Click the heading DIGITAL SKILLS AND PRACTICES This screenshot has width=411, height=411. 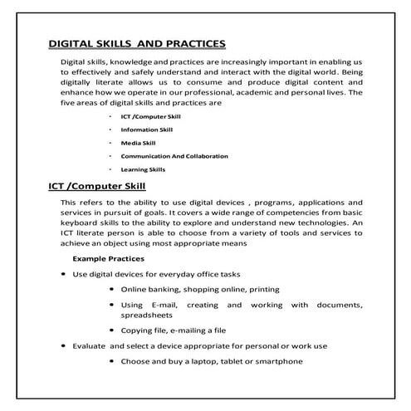[137, 43]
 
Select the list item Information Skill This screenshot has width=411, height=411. [146, 130]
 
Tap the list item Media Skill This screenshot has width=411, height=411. [138, 143]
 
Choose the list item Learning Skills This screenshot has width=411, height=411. [143, 169]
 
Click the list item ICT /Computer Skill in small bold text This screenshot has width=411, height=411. [150, 117]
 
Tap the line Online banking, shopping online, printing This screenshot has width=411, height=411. [200, 289]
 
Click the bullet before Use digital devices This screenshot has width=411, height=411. [64, 273]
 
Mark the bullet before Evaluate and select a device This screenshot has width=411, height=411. [64, 345]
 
